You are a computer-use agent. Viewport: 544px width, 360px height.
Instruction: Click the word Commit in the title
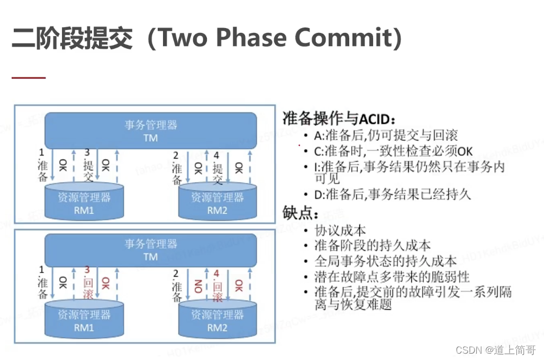coord(346,38)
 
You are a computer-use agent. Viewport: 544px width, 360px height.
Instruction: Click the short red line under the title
coord(29,78)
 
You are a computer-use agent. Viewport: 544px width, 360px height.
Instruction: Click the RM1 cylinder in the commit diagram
coord(84,202)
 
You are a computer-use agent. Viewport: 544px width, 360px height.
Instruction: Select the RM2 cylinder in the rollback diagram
coord(217,319)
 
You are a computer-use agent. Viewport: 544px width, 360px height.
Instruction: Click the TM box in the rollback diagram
coord(150,250)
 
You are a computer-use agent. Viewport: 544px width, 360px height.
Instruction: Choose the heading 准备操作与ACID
coord(340,118)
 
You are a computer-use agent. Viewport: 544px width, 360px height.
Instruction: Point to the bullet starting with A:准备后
coord(386,135)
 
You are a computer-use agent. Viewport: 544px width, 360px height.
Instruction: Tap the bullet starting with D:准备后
coord(392,194)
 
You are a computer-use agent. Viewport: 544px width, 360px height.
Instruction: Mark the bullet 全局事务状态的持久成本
coord(385,261)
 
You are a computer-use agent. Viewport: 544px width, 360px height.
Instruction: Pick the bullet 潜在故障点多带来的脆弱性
coord(392,276)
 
